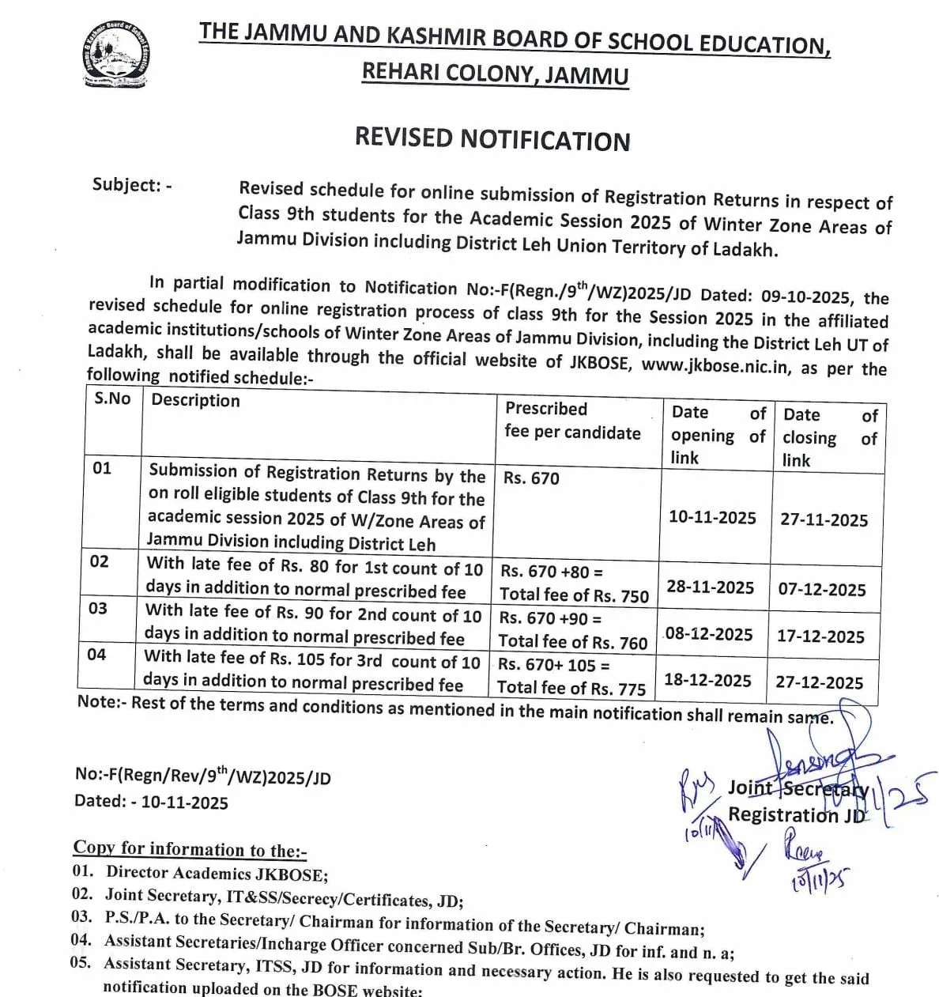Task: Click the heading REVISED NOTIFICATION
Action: point(492,139)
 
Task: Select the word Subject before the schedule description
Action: point(126,185)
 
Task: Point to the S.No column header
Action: point(112,398)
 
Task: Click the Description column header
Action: point(195,400)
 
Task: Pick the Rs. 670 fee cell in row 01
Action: point(531,478)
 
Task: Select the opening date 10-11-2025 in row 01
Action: point(712,517)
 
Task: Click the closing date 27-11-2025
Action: point(824,519)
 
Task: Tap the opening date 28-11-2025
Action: point(711,587)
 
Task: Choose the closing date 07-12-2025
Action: point(822,590)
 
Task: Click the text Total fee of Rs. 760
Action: point(572,642)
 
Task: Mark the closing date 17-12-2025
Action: point(820,636)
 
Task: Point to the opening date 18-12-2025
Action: point(707,680)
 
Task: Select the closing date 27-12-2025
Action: point(819,682)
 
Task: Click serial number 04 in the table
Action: point(96,655)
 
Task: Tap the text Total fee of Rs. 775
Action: point(571,689)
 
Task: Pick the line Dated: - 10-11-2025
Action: point(151,802)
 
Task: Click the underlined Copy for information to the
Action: point(190,849)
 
